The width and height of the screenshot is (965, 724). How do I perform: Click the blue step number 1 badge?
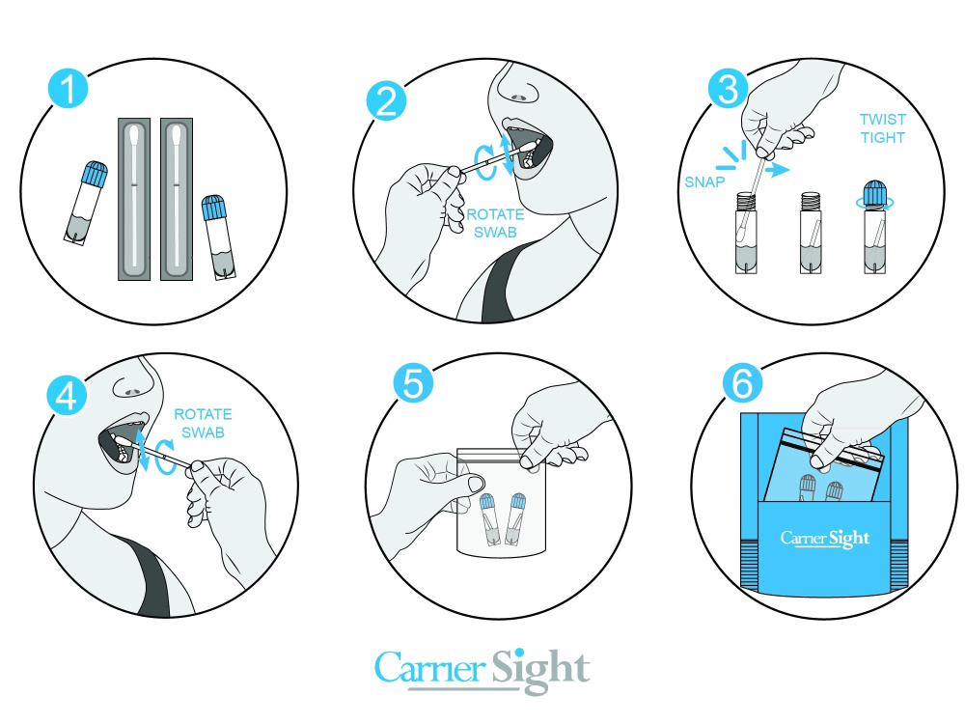(x=69, y=88)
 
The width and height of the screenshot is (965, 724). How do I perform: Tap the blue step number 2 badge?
(x=386, y=101)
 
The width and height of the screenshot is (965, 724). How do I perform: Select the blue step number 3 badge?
(x=728, y=89)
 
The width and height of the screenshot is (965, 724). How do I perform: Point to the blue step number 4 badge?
(x=68, y=395)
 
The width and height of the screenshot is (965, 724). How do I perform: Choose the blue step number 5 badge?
(x=413, y=383)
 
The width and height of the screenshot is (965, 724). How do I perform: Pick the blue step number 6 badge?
(x=743, y=383)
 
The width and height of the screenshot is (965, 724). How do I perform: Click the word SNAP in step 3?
(x=704, y=182)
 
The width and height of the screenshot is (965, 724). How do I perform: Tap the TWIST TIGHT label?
(x=883, y=128)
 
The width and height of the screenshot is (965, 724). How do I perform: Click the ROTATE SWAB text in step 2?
(x=495, y=224)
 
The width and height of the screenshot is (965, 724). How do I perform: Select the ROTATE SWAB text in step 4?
(x=203, y=423)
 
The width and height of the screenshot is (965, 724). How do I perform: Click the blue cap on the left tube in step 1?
(x=95, y=174)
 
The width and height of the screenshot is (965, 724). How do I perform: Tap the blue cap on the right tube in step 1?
(x=213, y=209)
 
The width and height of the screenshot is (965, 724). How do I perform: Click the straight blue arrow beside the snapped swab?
(x=777, y=168)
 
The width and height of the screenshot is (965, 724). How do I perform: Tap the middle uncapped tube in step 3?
(x=811, y=233)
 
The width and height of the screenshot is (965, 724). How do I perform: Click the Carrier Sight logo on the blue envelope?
(x=825, y=539)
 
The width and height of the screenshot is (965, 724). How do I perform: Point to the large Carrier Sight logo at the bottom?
(x=482, y=671)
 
